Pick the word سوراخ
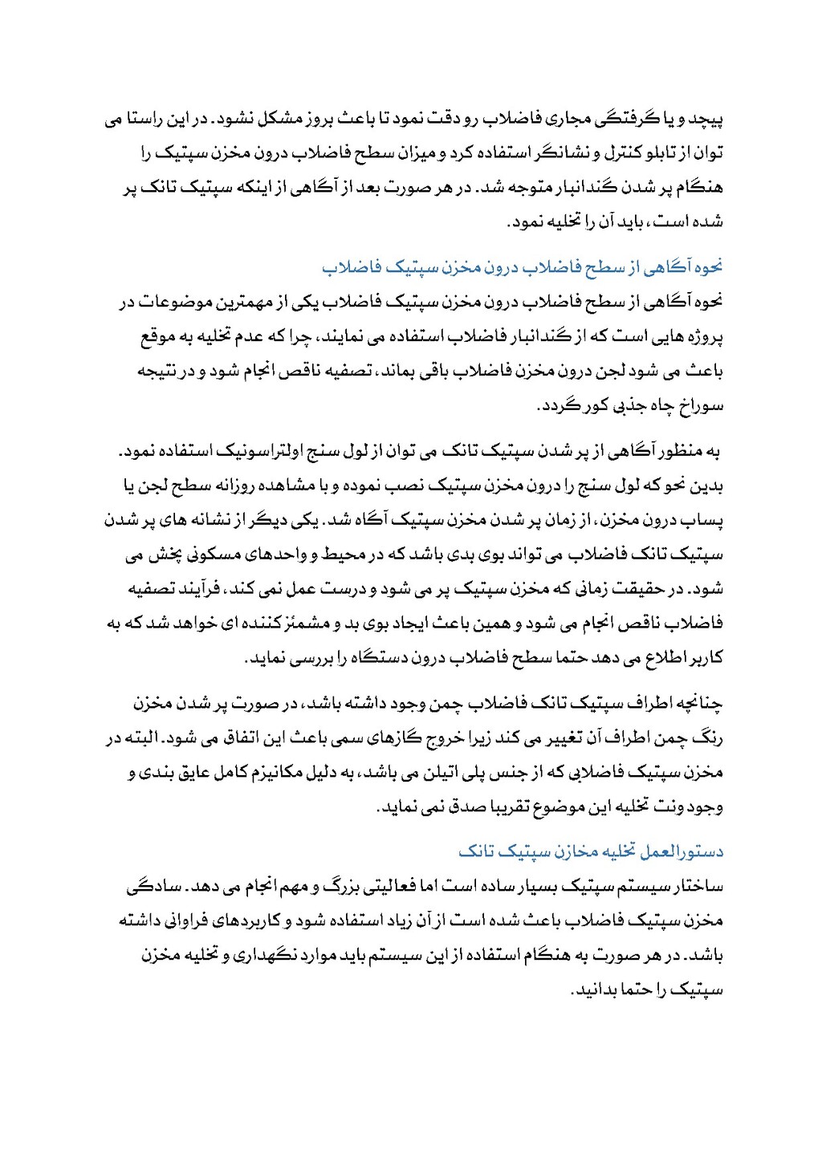(702, 406)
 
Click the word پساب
(706, 521)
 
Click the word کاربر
(704, 658)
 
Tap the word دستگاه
(378, 658)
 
